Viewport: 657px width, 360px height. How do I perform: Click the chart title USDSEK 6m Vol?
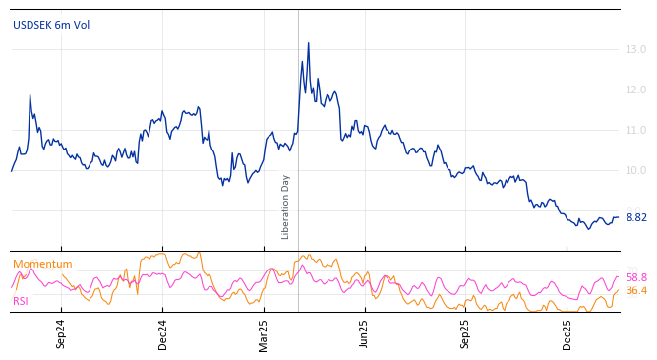(51, 25)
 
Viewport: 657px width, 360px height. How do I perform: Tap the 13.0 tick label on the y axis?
(636, 49)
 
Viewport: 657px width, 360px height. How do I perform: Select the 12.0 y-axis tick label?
(636, 90)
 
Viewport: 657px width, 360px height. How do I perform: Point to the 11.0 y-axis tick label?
(636, 130)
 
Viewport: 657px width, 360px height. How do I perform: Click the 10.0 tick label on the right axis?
(636, 170)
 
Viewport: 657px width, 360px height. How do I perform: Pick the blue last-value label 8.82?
(636, 217)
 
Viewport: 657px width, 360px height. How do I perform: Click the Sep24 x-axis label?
(61, 334)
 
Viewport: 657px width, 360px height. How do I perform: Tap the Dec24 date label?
(163, 334)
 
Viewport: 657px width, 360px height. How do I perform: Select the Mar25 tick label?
(264, 334)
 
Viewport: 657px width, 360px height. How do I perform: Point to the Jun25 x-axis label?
(364, 334)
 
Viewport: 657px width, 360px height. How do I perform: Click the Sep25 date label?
(466, 334)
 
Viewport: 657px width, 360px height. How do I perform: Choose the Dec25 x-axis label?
(567, 334)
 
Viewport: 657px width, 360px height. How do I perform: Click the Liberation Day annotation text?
(286, 207)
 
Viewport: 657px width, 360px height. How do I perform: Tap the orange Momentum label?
(42, 264)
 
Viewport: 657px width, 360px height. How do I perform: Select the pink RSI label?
(21, 301)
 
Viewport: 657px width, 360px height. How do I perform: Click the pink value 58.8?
(636, 277)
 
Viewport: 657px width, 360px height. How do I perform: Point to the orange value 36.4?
(636, 291)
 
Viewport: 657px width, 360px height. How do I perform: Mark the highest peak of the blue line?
(308, 43)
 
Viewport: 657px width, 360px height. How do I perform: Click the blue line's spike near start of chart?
(30, 95)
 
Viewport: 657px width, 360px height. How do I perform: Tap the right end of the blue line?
(618, 217)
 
